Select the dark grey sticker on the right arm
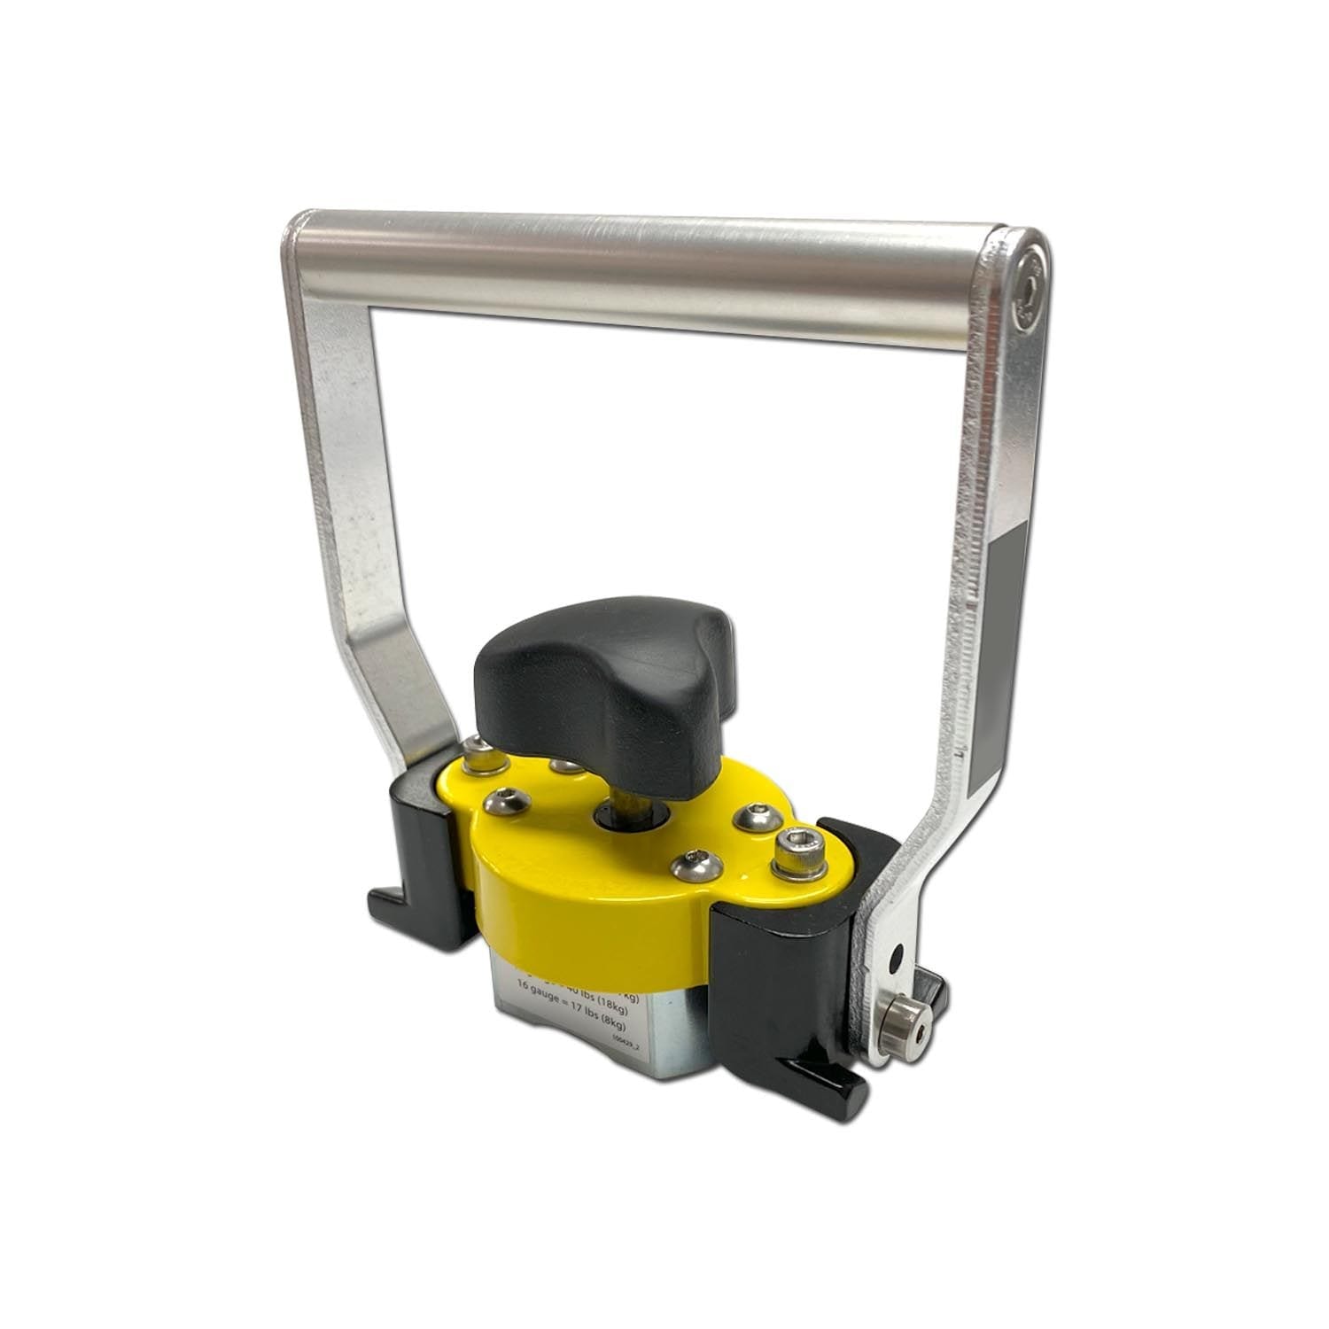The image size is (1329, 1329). tap(1002, 656)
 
